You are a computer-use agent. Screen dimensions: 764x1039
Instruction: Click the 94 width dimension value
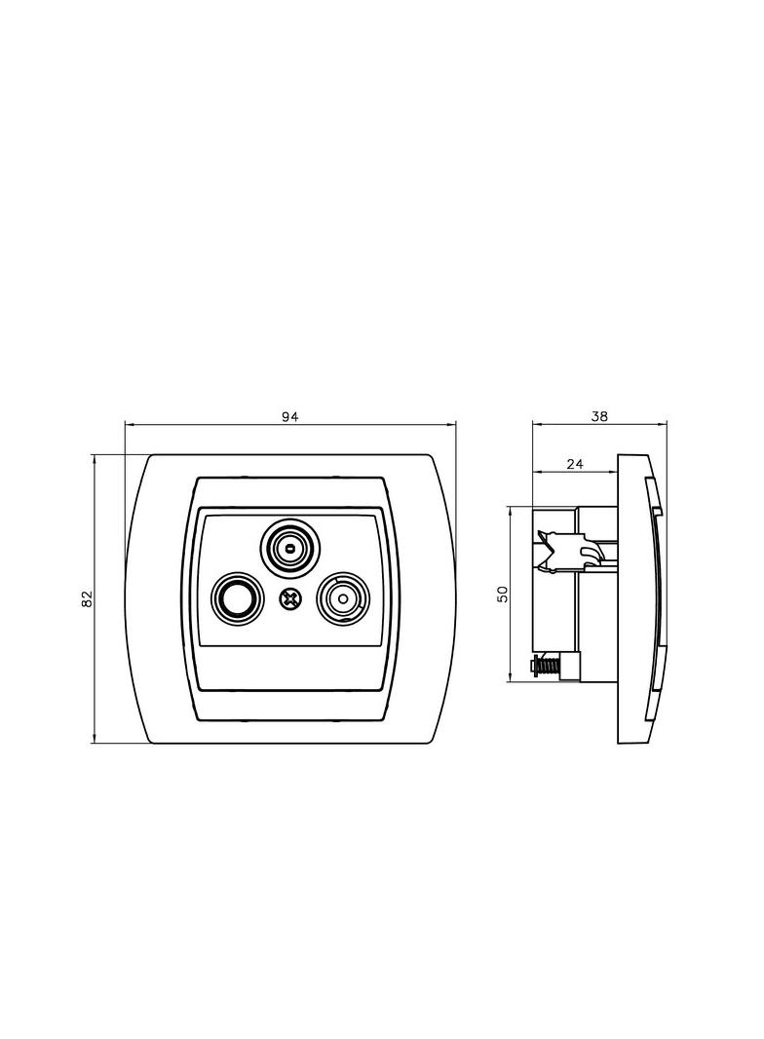[290, 416]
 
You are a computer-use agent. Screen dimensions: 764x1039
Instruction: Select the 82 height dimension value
[86, 598]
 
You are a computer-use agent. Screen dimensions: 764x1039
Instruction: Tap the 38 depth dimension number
[599, 416]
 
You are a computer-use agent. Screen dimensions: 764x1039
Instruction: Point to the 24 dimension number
[575, 464]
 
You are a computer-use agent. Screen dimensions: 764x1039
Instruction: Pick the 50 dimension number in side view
[503, 594]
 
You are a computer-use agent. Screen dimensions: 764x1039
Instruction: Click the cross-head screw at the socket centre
[288, 599]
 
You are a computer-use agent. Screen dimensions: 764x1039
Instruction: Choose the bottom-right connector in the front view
[343, 598]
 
